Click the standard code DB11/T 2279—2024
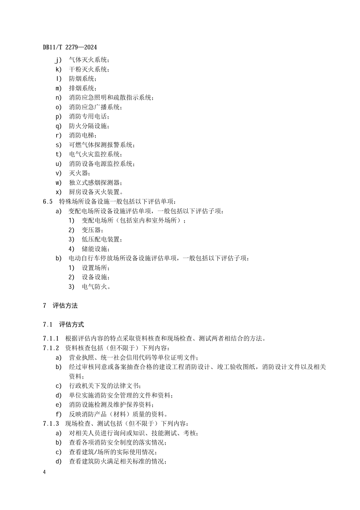[x=70, y=47]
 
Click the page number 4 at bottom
[x=44, y=472]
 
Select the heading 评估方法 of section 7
[x=65, y=305]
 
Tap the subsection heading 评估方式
[x=71, y=324]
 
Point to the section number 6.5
[x=48, y=201]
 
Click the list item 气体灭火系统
[x=89, y=60]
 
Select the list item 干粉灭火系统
[x=89, y=69]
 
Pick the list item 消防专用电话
[x=89, y=117]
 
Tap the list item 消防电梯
[x=82, y=136]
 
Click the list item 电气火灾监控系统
[x=95, y=154]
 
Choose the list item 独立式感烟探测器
[x=95, y=183]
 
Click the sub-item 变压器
[x=92, y=230]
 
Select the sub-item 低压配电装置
[x=102, y=239]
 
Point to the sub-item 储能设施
[x=95, y=249]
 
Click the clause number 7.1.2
[x=51, y=348]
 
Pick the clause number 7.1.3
[x=51, y=424]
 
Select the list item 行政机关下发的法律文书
[x=105, y=386]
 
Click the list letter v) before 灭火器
[x=59, y=173]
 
